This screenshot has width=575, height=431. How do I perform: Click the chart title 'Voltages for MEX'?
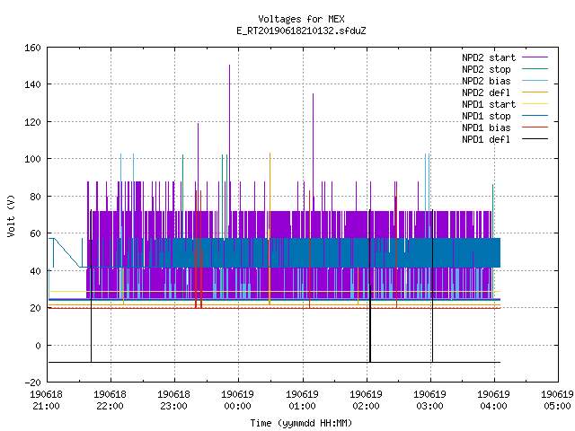pyautogui.click(x=301, y=19)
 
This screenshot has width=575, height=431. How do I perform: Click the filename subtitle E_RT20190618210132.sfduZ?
pyautogui.click(x=301, y=31)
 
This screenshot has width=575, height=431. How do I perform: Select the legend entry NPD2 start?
pyautogui.click(x=489, y=57)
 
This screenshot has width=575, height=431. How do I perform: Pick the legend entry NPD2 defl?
pyautogui.click(x=486, y=92)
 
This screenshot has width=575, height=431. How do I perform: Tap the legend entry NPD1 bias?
pyautogui.click(x=486, y=128)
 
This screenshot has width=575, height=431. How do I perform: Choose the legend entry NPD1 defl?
pyautogui.click(x=486, y=140)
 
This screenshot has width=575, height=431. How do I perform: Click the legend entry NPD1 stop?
pyautogui.click(x=486, y=116)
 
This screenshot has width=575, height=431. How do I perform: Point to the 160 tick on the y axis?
pyautogui.click(x=32, y=48)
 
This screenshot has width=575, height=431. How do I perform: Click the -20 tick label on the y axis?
pyautogui.click(x=32, y=383)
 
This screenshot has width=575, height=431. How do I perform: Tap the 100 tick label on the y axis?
pyautogui.click(x=32, y=159)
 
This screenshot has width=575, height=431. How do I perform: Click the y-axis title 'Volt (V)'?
pyautogui.click(x=12, y=216)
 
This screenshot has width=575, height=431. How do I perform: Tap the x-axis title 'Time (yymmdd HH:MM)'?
pyautogui.click(x=301, y=423)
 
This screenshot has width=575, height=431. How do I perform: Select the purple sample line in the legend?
pyautogui.click(x=535, y=57)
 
